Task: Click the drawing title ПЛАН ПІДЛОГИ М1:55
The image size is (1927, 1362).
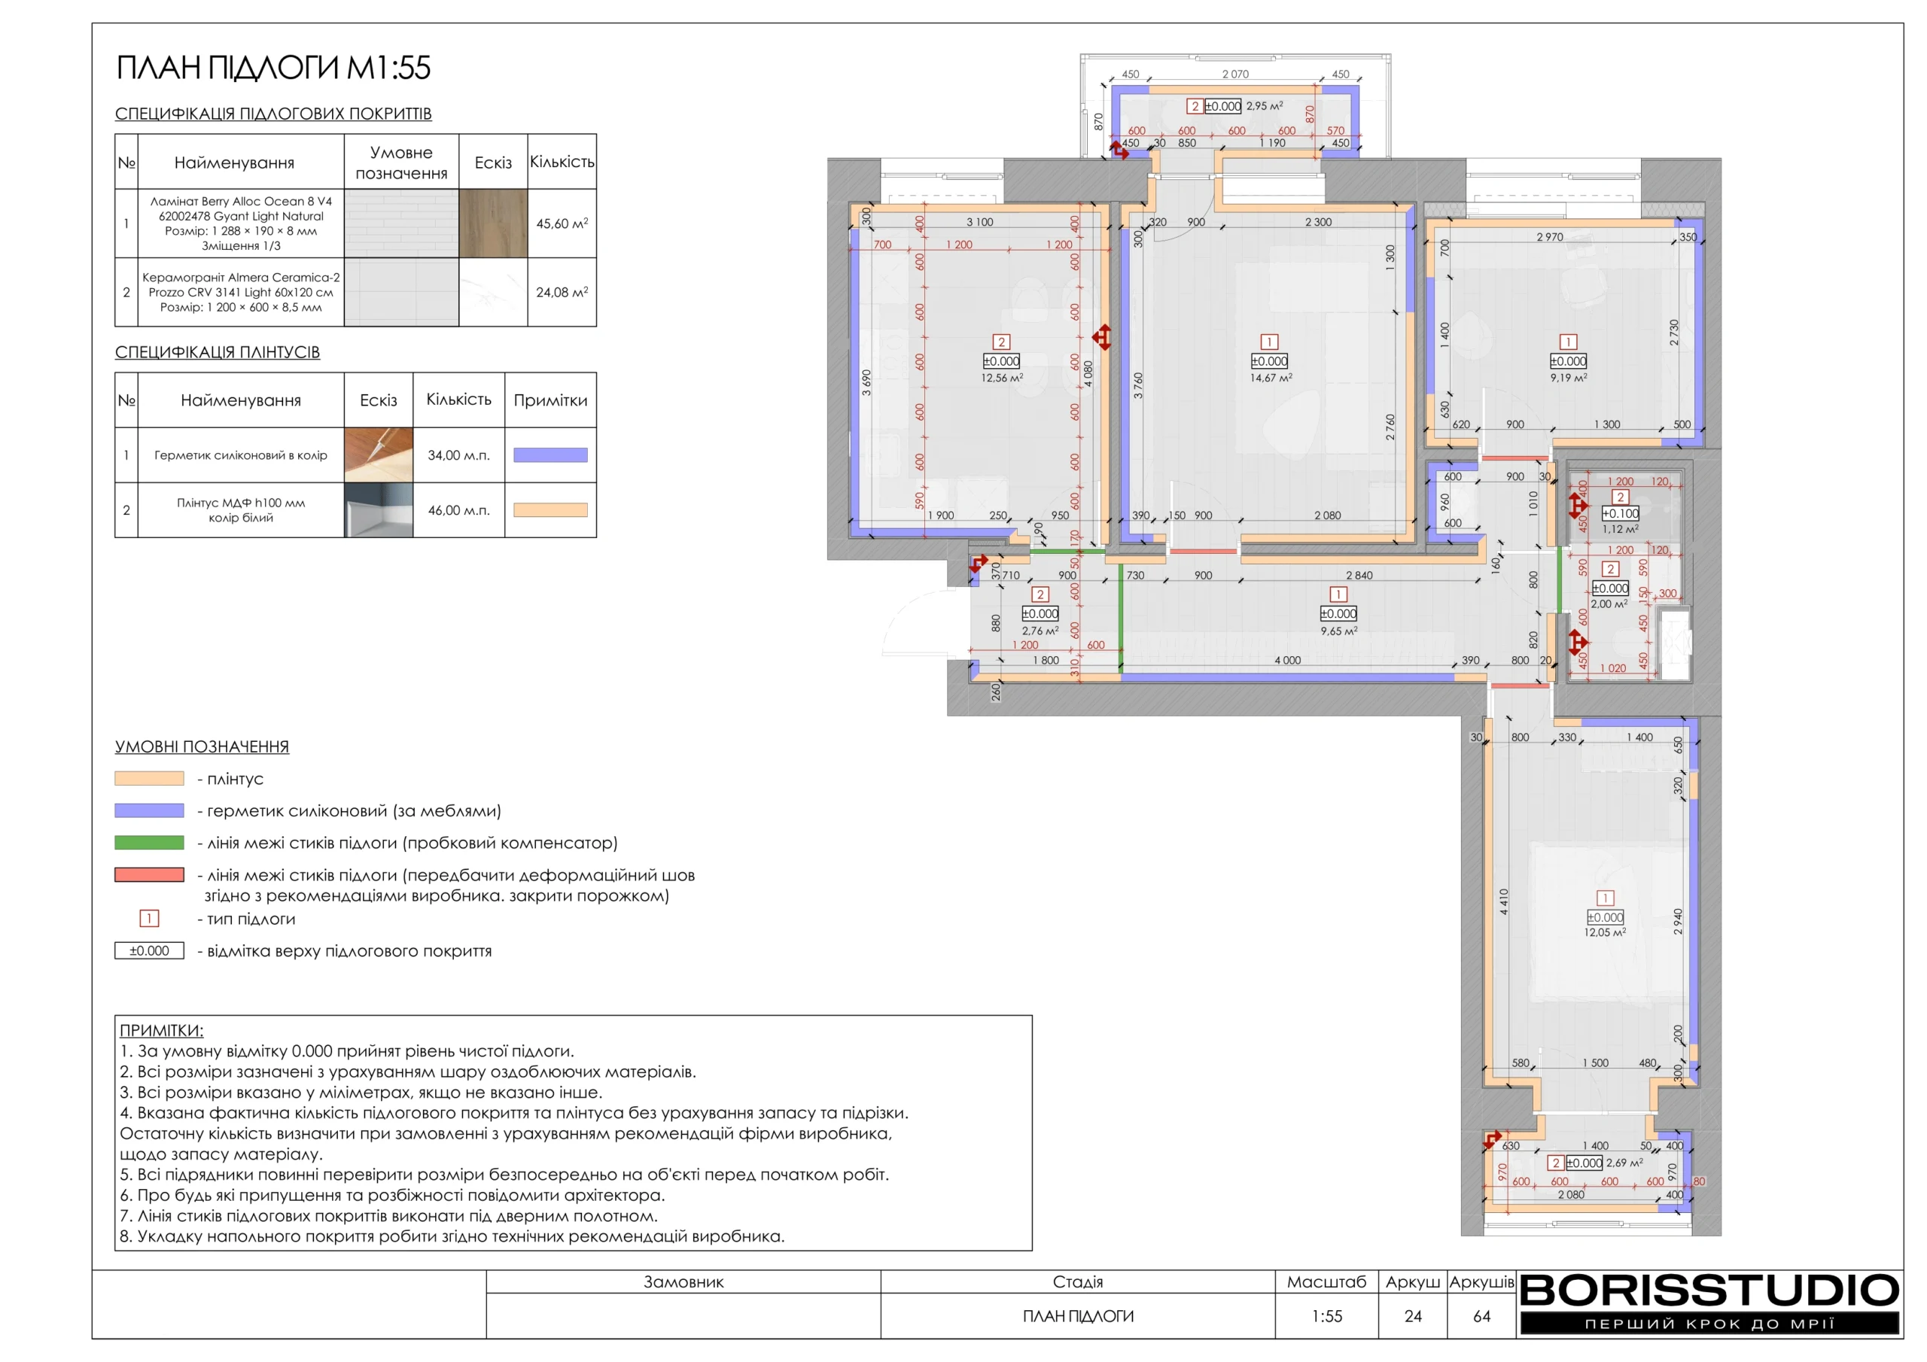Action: click(272, 68)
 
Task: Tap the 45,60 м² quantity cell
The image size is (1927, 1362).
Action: click(562, 223)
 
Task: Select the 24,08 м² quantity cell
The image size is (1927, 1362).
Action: click(562, 292)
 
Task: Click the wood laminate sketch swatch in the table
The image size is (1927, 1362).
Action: click(494, 223)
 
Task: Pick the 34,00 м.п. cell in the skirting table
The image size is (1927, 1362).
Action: click(458, 455)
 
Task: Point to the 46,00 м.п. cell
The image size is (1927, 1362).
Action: click(458, 510)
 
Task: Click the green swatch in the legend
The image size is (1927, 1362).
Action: click(149, 843)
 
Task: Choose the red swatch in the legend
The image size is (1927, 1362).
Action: click(149, 874)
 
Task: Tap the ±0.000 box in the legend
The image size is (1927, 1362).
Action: click(149, 951)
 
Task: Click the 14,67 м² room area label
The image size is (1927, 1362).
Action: click(1271, 379)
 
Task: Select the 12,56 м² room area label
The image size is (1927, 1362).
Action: click(1002, 379)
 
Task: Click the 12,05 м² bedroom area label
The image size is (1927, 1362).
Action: click(1605, 932)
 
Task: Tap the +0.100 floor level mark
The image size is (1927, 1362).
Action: click(1620, 514)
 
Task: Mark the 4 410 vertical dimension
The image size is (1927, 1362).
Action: click(1504, 901)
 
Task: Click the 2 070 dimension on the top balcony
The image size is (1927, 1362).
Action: click(1235, 74)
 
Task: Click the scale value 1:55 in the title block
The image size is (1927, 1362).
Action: click(1327, 1316)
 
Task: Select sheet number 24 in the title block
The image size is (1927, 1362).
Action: click(1414, 1316)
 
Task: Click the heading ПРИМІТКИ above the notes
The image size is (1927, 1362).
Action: click(161, 1030)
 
